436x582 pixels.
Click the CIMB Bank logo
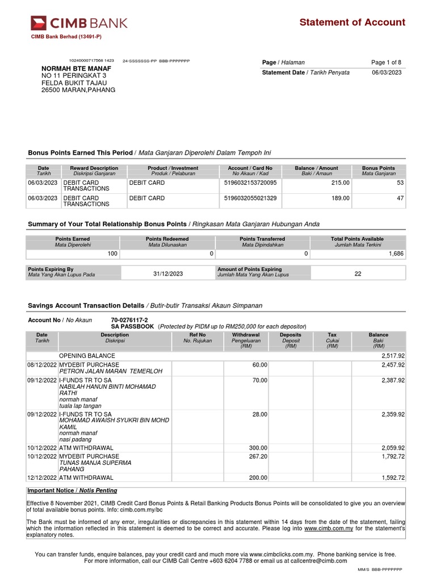tap(79, 23)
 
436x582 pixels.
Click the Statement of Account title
tap(352, 22)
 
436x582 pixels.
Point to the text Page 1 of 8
tap(386, 62)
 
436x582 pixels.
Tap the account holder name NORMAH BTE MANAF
tap(75, 68)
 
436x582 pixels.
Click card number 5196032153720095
tap(250, 182)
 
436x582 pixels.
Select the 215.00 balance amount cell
tap(341, 182)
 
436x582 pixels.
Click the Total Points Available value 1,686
tap(396, 253)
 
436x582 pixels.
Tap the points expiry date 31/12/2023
tap(168, 273)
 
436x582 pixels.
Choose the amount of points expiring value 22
tap(358, 273)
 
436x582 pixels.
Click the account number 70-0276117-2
tap(129, 320)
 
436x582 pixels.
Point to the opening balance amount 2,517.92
tap(393, 355)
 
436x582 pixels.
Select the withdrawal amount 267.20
tap(256, 456)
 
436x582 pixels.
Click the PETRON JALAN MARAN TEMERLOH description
tap(111, 371)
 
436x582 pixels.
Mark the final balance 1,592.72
tap(393, 477)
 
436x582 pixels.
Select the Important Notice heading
tap(72, 490)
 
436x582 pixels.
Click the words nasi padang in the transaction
tap(74, 439)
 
